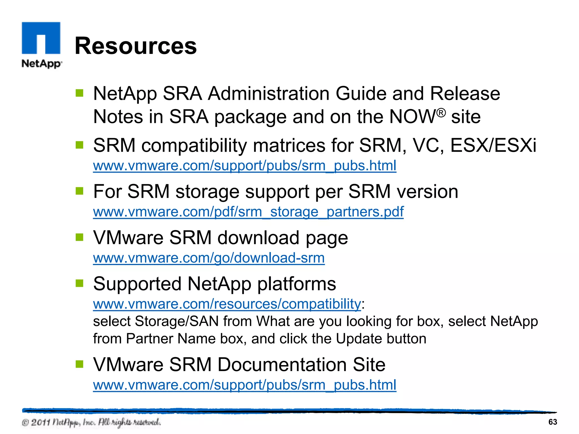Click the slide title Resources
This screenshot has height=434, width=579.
(135, 46)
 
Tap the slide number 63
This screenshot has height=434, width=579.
(552, 422)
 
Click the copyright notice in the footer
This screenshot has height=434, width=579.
(91, 422)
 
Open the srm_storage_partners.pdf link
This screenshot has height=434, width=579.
(248, 212)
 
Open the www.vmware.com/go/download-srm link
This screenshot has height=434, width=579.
(209, 258)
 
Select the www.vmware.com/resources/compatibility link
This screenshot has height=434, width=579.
(227, 304)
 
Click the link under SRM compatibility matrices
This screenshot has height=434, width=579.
(245, 166)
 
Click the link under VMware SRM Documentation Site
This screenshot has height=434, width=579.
(245, 385)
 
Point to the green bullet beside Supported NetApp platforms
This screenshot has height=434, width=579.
(79, 283)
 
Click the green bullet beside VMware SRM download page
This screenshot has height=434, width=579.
(79, 237)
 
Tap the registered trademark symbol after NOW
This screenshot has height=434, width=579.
(441, 112)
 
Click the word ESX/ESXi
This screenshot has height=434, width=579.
(493, 145)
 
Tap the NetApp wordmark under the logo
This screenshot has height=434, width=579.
(42, 64)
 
